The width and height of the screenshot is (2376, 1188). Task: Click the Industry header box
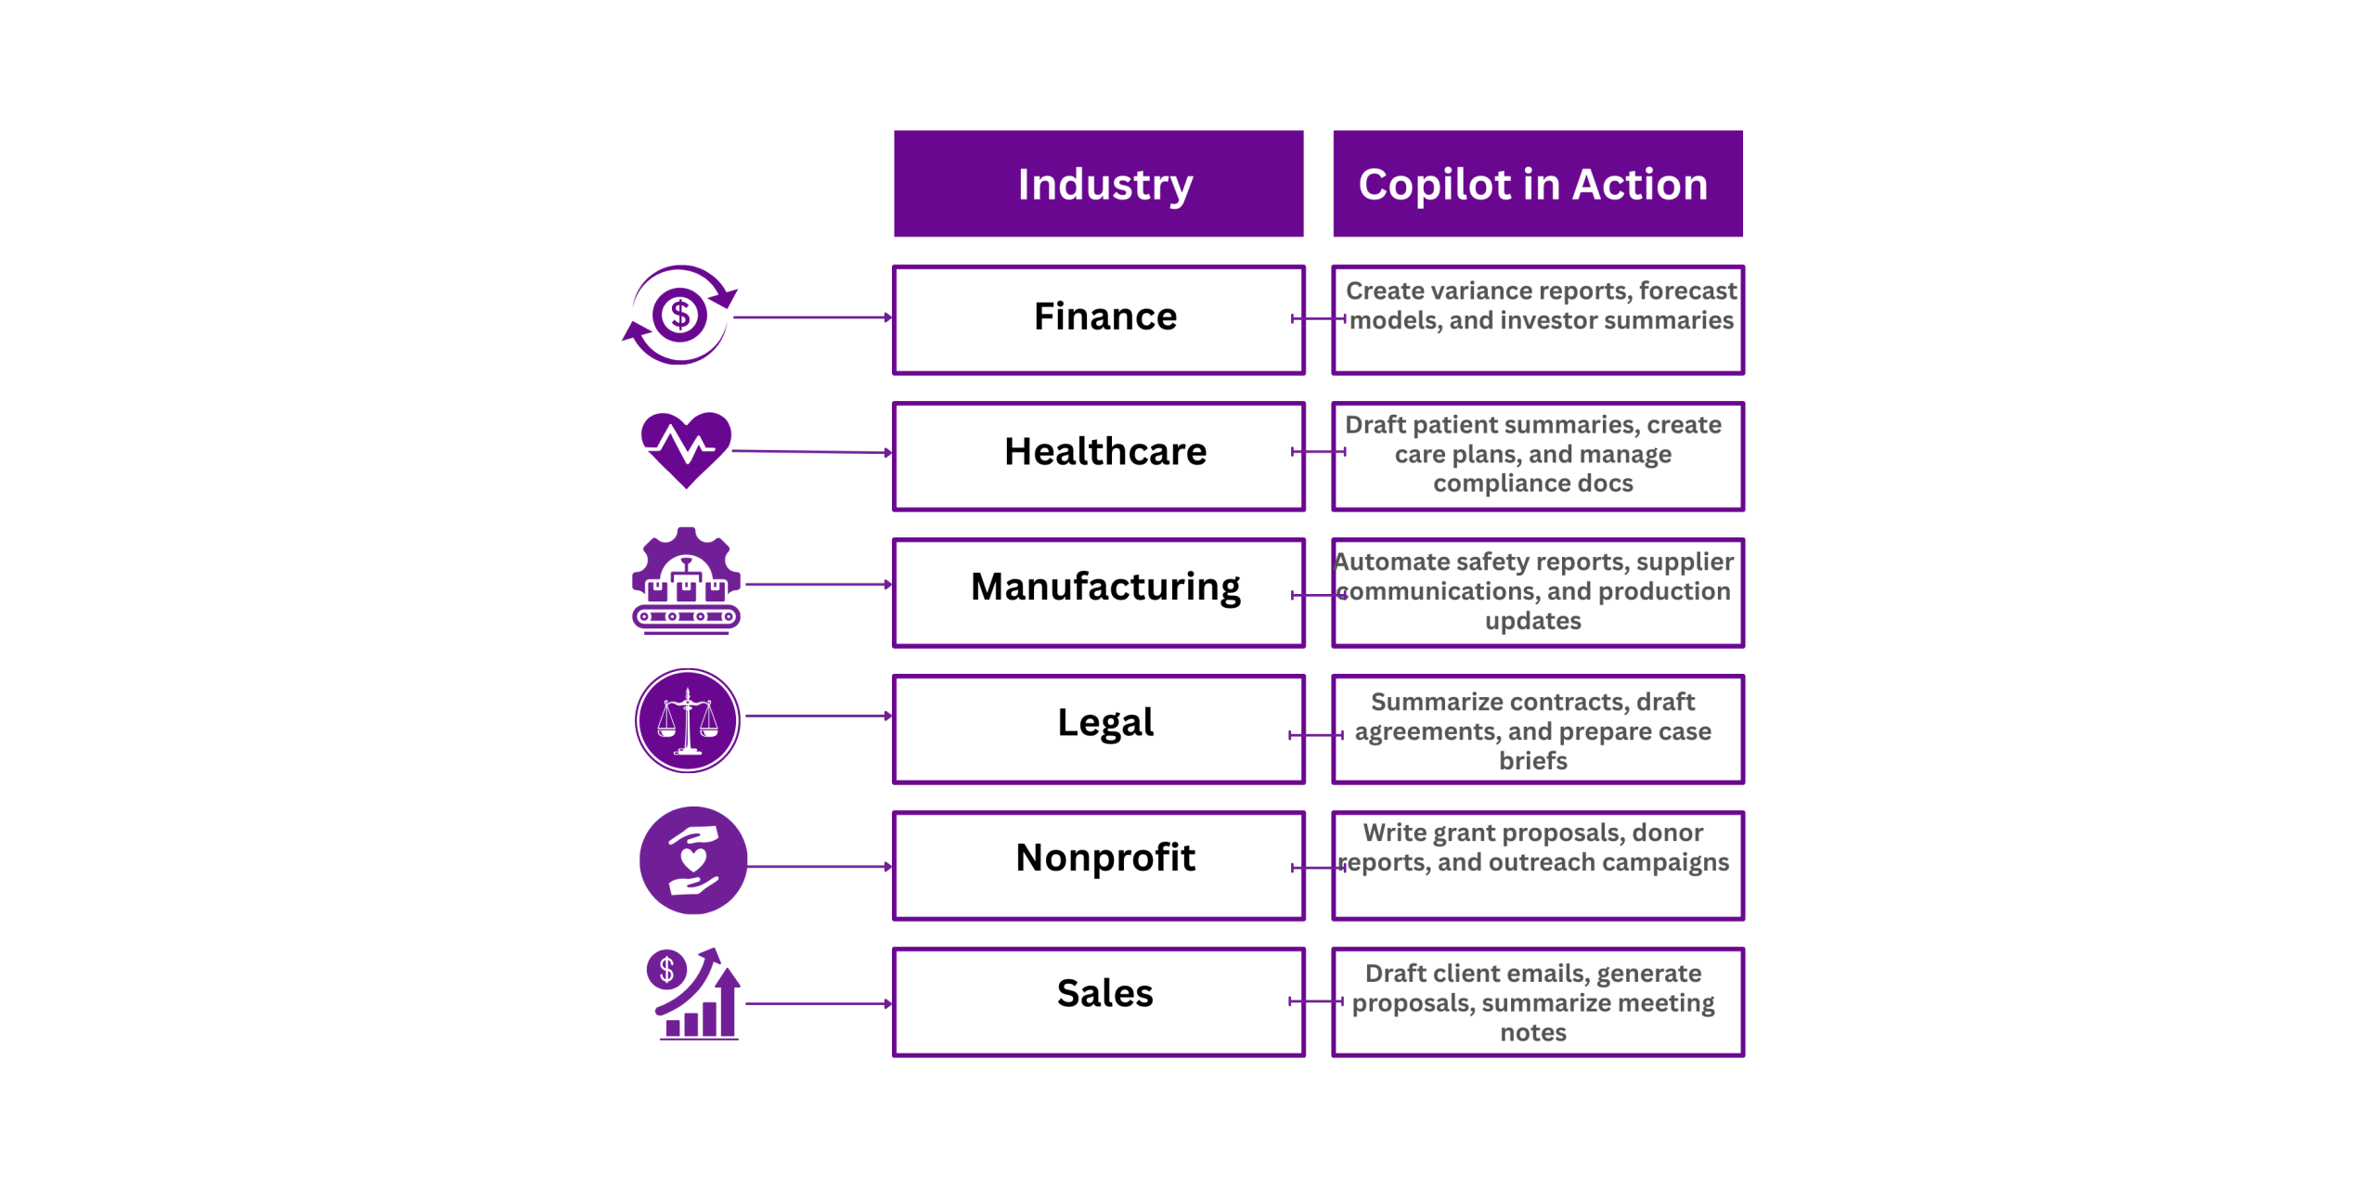(x=1099, y=184)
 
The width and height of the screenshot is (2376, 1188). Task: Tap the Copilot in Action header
(x=1537, y=184)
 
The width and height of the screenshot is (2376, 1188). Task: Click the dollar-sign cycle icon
(x=680, y=316)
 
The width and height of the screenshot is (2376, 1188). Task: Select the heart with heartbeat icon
(x=686, y=449)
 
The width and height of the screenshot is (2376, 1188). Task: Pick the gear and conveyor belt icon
(x=686, y=582)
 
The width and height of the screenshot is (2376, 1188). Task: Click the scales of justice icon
(x=687, y=720)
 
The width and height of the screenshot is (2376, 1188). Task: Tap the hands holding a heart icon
(x=692, y=860)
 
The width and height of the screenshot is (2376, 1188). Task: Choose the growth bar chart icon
(x=694, y=995)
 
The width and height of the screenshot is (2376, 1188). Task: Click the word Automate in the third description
(x=1391, y=562)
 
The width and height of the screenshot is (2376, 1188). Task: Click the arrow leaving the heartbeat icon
(x=811, y=452)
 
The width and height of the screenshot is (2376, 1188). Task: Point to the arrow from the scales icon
(x=817, y=717)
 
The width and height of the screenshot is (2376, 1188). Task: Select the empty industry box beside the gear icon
(x=1099, y=593)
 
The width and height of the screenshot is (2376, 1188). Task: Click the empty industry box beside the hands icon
(x=1099, y=866)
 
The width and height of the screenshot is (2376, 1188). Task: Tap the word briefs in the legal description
(x=1533, y=761)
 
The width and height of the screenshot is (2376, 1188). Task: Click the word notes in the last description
(x=1533, y=1033)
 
